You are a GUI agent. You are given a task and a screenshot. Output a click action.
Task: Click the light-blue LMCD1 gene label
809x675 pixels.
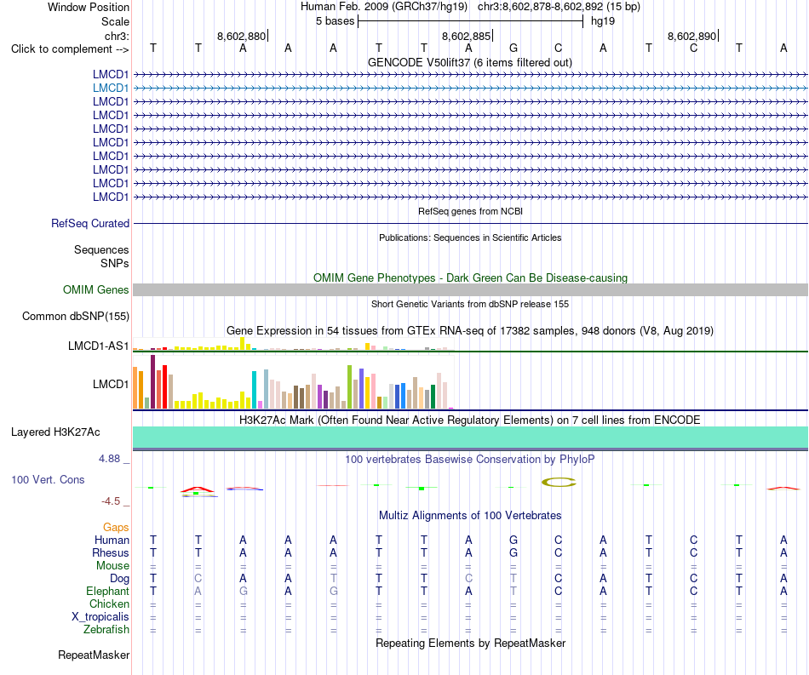pos(111,89)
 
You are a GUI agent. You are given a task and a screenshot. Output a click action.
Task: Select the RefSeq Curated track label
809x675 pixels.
pos(90,223)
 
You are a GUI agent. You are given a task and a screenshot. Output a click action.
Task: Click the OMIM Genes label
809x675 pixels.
pos(96,289)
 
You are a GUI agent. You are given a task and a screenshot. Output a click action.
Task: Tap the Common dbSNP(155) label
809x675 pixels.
pos(76,316)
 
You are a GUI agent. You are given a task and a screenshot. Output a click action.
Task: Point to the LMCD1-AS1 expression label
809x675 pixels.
pos(99,346)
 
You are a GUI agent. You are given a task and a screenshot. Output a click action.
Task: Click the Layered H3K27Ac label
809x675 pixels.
pos(55,432)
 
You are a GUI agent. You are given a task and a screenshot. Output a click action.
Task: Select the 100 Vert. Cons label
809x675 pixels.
pos(48,479)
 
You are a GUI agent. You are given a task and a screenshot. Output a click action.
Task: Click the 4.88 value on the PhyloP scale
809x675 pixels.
pos(109,459)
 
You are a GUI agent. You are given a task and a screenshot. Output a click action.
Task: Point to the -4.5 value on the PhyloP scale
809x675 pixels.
pos(111,501)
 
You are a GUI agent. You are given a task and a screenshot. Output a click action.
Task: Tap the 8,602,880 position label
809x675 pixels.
pos(241,36)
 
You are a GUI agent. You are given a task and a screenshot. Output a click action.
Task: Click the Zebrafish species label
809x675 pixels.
pos(106,630)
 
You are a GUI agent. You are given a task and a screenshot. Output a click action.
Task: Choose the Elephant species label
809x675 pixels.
pos(108,591)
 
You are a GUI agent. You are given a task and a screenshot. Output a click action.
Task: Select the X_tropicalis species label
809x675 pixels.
pos(100,617)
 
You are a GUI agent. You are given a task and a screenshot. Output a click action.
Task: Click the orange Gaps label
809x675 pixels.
pos(116,527)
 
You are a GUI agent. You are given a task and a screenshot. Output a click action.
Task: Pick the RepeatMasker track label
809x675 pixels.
pos(94,655)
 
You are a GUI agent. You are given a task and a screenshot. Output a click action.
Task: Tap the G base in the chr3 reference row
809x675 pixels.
pos(514,49)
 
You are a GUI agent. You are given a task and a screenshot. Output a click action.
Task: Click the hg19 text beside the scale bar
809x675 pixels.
pos(603,21)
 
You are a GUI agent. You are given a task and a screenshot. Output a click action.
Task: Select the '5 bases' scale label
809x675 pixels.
pos(336,21)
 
